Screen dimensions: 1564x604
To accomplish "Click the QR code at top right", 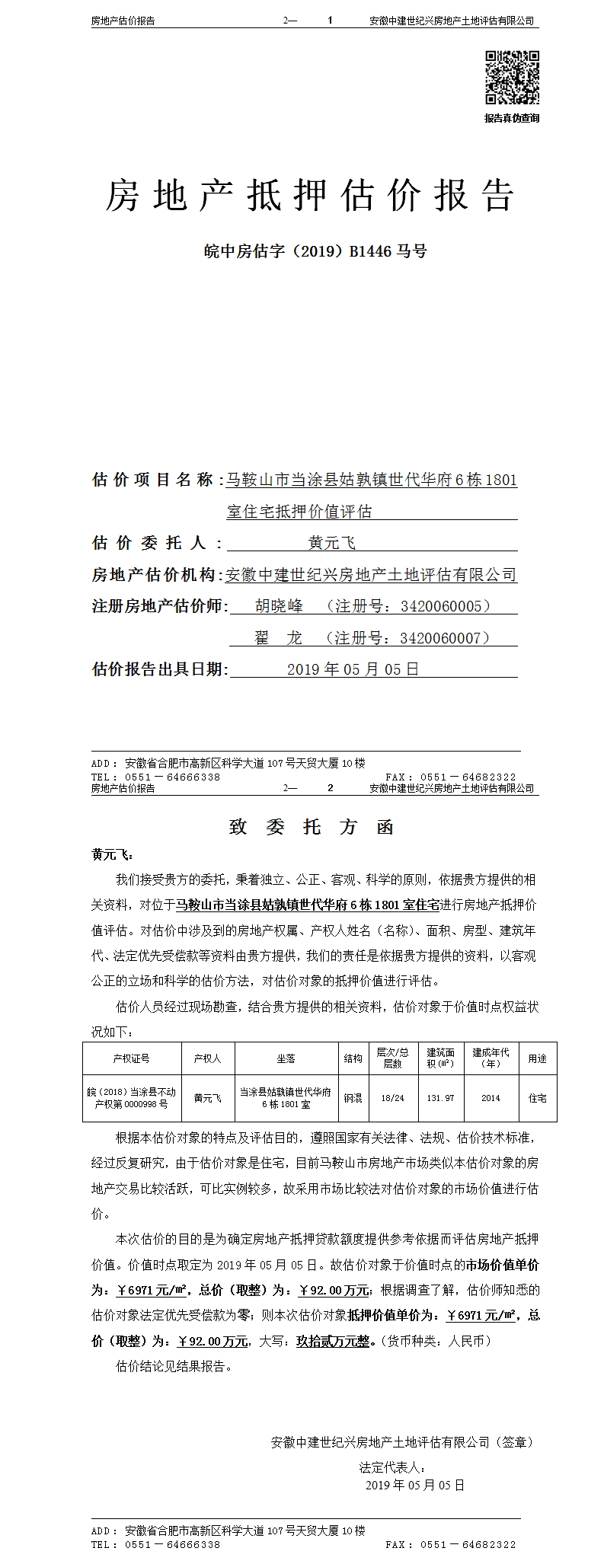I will tap(512, 78).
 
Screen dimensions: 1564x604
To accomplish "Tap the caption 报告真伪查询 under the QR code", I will tap(512, 118).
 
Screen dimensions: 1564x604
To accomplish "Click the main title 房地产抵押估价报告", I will tap(309, 196).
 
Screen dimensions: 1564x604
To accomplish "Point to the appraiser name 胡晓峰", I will tap(279, 606).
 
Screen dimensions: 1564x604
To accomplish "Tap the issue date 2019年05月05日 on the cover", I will tap(353, 670).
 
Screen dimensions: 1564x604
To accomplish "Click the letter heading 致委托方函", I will tap(312, 828).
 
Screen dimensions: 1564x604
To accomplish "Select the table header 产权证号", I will tap(131, 1058).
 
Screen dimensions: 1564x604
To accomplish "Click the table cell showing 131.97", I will tap(439, 1098).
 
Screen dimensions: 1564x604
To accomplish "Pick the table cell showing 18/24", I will tap(392, 1098).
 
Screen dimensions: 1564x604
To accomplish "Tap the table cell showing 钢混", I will tap(353, 1098).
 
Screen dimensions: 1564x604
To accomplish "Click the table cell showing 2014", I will tap(491, 1098).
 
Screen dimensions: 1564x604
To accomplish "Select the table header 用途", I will tap(537, 1058).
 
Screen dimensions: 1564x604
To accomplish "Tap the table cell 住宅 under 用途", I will tap(537, 1098).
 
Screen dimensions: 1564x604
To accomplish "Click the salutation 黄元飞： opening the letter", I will tap(112, 855).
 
